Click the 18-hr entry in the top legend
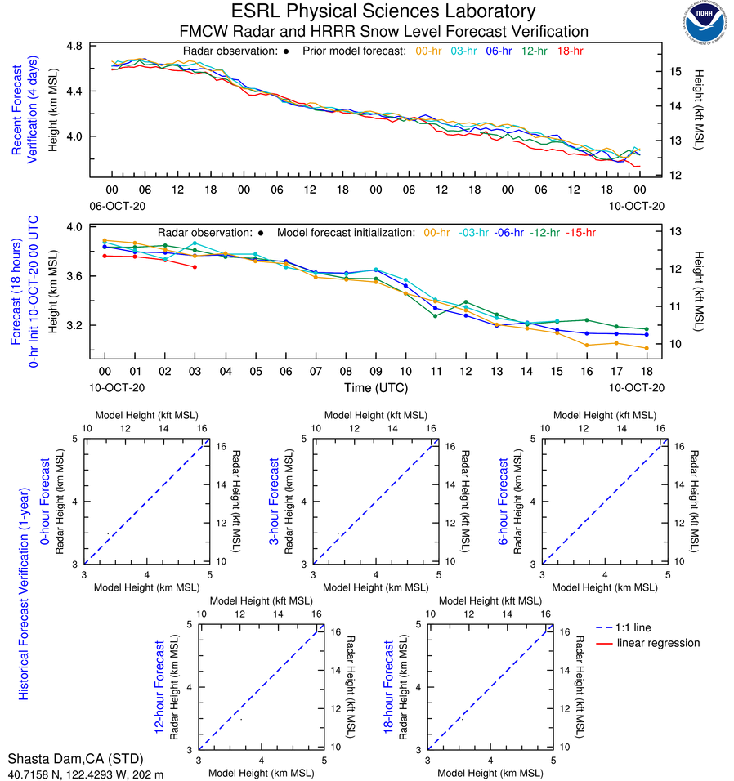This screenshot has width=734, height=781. tap(569, 51)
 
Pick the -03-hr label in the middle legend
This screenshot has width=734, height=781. tap(473, 233)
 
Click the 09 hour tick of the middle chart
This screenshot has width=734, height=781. tap(375, 371)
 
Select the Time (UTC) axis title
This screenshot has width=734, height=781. tap(375, 387)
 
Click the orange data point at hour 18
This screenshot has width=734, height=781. tap(647, 348)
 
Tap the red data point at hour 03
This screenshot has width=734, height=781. tap(195, 267)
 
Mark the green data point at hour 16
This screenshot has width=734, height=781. tap(586, 319)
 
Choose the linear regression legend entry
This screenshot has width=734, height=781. tap(658, 643)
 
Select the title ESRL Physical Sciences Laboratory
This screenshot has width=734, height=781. tap(383, 11)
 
